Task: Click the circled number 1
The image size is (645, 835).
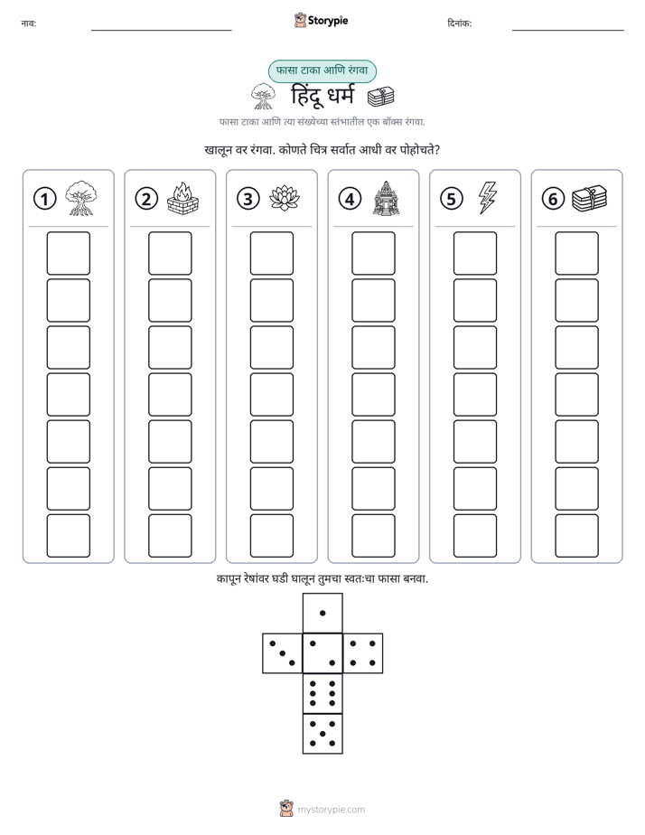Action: [44, 199]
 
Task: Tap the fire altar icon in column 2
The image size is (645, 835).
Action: [182, 198]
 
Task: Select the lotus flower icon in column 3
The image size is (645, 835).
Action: [285, 198]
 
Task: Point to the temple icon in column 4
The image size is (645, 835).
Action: [387, 198]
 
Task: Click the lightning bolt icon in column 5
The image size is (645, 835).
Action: [488, 198]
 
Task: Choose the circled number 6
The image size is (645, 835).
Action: [554, 199]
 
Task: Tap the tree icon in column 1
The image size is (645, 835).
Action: [81, 198]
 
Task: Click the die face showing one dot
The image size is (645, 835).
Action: [322, 614]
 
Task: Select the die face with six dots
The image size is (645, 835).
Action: [322, 693]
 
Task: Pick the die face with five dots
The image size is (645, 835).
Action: [322, 734]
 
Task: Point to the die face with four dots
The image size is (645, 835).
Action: [363, 653]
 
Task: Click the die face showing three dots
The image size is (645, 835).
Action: [283, 653]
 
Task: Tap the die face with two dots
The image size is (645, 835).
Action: [322, 653]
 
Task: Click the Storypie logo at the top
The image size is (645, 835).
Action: [322, 20]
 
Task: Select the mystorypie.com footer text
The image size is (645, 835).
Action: [331, 810]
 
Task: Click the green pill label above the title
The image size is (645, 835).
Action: [322, 71]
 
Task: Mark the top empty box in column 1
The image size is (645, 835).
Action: [68, 253]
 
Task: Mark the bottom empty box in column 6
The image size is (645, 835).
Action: [577, 536]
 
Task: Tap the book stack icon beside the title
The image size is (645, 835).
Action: [381, 97]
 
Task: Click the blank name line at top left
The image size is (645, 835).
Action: [161, 31]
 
